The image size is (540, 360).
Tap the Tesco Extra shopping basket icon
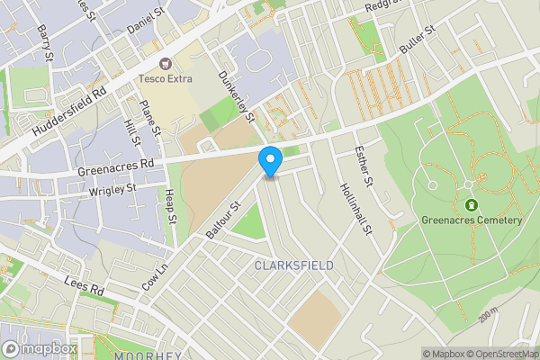tap(166, 63)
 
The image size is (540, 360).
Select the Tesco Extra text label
tap(166, 78)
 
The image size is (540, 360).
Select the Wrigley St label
tap(112, 190)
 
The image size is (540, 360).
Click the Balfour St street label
tap(224, 220)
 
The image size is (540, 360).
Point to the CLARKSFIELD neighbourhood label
tap(294, 265)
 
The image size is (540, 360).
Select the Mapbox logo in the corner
tap(40, 348)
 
